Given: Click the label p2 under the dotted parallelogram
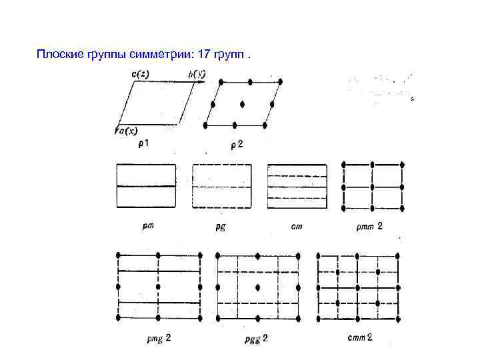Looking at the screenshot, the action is pos(237,145).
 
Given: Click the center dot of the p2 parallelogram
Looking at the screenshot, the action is pos(242,103).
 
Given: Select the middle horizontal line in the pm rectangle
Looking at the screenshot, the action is pos(146,186).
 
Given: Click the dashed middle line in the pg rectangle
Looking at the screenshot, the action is pos(222,186).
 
